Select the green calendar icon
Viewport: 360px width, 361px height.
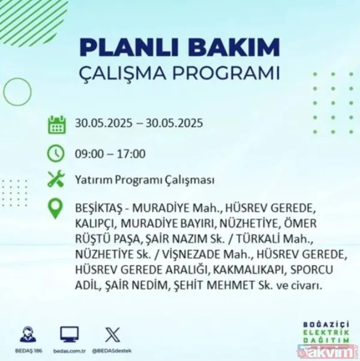(56, 124)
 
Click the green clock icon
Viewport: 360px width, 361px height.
(56, 153)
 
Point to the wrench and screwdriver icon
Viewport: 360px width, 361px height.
(56, 179)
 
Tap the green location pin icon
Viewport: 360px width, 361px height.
(56, 209)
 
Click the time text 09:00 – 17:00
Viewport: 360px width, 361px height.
(110, 154)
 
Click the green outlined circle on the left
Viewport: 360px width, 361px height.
(17, 91)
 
